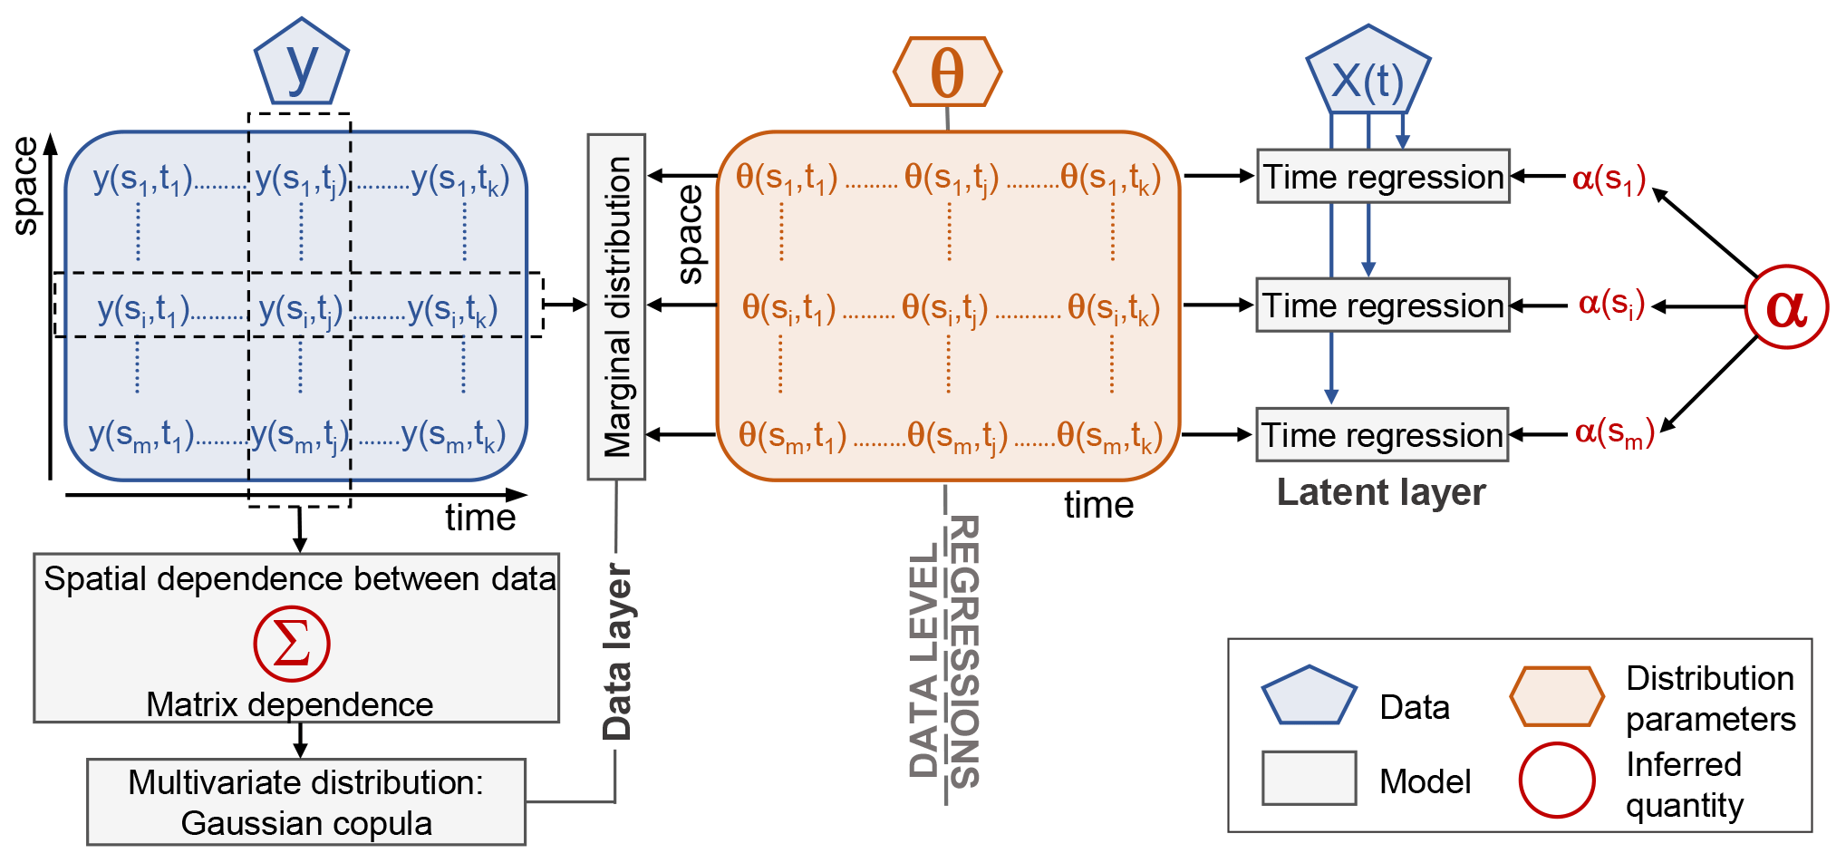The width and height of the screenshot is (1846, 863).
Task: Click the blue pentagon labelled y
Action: coord(302,63)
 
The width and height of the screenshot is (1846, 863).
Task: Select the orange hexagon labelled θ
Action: coord(947,72)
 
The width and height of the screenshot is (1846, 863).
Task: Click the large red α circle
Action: coord(1786,306)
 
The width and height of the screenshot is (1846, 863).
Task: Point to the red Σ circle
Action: coord(291,645)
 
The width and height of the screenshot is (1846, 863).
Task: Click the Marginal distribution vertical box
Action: coord(616,306)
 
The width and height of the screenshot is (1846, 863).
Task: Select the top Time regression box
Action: coord(1383,176)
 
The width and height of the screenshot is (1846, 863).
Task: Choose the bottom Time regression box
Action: coord(1382,435)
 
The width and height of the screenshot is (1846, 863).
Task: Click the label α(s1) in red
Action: coord(1609,179)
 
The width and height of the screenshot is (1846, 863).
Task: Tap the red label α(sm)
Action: coord(1614,432)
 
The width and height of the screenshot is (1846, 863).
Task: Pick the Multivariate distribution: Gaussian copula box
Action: coord(306,802)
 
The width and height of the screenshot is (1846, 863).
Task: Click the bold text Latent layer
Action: coord(1381,492)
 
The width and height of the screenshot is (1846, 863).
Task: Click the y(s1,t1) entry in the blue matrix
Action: coord(142,179)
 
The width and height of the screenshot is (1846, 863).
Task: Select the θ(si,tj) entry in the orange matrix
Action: coord(944,308)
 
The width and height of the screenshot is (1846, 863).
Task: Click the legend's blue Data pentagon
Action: coord(1309,695)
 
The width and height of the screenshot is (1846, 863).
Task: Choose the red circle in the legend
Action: coord(1557,780)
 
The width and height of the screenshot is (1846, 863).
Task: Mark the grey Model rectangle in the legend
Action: coord(1309,778)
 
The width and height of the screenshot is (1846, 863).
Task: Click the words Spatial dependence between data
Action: coord(300,578)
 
